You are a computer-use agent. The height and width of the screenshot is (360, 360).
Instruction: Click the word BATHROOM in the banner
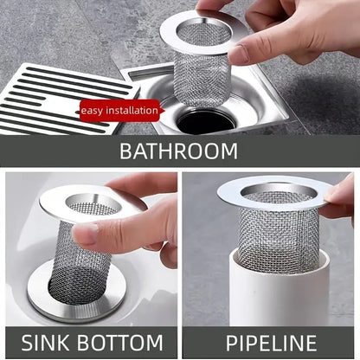point(178,151)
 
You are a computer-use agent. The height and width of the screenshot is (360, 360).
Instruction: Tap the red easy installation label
point(120,110)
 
